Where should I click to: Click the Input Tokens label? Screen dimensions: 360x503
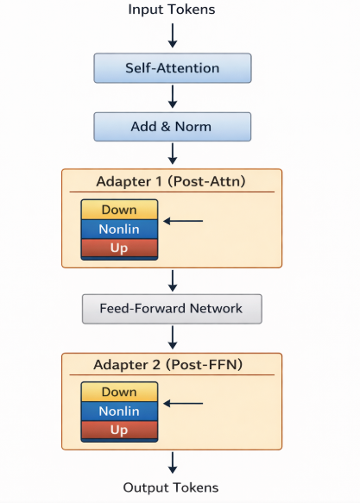point(172,9)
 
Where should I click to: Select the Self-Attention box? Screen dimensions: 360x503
point(173,68)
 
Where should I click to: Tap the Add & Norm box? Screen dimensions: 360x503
point(173,127)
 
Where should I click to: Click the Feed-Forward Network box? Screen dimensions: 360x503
point(172,309)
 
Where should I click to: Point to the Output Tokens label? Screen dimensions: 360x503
point(171,487)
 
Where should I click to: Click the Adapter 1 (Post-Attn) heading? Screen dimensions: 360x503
point(171,181)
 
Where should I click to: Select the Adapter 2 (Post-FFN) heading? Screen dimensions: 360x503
point(168,365)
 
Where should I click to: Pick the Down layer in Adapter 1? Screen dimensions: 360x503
point(119,210)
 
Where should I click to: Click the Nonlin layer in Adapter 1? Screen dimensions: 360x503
point(119,229)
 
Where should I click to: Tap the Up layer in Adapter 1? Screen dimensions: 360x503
point(119,248)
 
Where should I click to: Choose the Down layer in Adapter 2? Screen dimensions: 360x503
point(119,392)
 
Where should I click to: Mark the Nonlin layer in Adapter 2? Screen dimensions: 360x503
point(119,412)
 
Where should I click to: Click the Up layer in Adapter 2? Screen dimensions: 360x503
point(119,430)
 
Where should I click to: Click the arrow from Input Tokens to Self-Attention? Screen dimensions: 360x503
point(173,35)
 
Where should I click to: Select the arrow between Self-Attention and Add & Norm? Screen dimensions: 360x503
point(173,97)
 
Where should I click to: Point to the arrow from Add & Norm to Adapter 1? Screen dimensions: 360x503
point(173,154)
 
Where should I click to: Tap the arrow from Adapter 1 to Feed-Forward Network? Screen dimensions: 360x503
point(173,280)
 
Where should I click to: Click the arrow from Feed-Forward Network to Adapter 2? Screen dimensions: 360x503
point(173,337)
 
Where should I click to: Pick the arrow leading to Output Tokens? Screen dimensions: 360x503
point(173,462)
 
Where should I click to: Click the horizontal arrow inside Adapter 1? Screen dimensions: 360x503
point(183,221)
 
